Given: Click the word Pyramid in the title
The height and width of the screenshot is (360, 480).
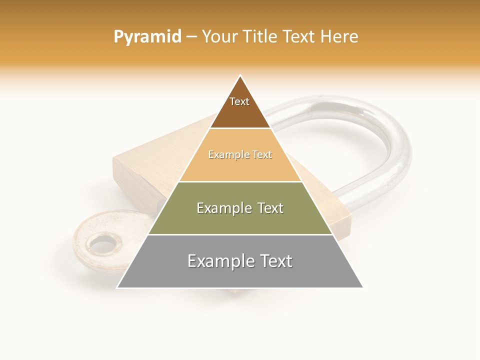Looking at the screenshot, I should pyautogui.click(x=147, y=37).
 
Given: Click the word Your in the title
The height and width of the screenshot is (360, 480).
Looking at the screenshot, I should pyautogui.click(x=220, y=37).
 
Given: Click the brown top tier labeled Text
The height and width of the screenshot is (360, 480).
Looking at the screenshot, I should pyautogui.click(x=239, y=107).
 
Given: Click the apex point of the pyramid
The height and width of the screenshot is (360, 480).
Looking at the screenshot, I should pyautogui.click(x=240, y=76).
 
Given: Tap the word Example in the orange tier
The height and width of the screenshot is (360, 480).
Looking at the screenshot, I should pyautogui.click(x=224, y=155).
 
